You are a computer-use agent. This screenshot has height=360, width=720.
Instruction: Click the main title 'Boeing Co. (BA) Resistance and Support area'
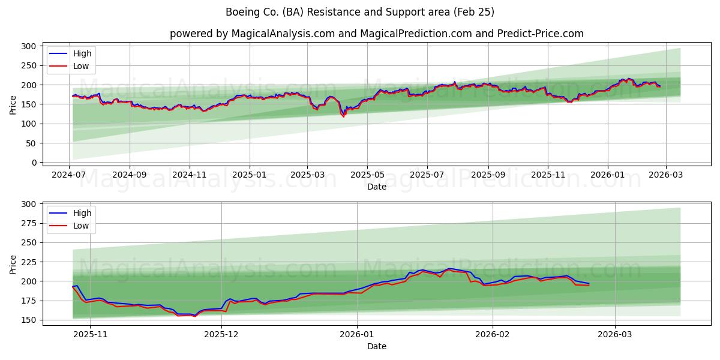(360, 12)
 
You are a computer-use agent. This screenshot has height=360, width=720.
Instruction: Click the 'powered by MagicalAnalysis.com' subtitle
(376, 34)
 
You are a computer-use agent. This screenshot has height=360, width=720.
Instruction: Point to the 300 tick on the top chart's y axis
(28, 46)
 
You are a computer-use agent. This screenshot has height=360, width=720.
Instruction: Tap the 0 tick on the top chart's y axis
(34, 163)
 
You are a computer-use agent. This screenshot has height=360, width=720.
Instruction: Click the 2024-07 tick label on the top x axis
(69, 175)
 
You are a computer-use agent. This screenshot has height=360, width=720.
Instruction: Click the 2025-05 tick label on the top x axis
(367, 175)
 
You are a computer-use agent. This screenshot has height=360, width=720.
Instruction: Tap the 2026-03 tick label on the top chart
(666, 175)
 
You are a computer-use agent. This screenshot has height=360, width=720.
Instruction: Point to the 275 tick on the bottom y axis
(28, 223)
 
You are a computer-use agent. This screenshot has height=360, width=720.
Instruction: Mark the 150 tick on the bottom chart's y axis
(28, 320)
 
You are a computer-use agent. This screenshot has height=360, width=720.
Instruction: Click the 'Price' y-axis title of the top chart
(13, 104)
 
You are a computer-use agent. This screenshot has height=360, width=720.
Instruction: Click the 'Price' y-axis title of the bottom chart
(13, 264)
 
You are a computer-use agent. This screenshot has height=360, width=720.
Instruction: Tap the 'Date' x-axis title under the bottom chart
(376, 346)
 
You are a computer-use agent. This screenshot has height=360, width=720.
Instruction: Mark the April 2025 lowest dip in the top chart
(344, 116)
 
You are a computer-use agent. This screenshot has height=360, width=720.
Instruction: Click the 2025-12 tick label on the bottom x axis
(221, 334)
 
